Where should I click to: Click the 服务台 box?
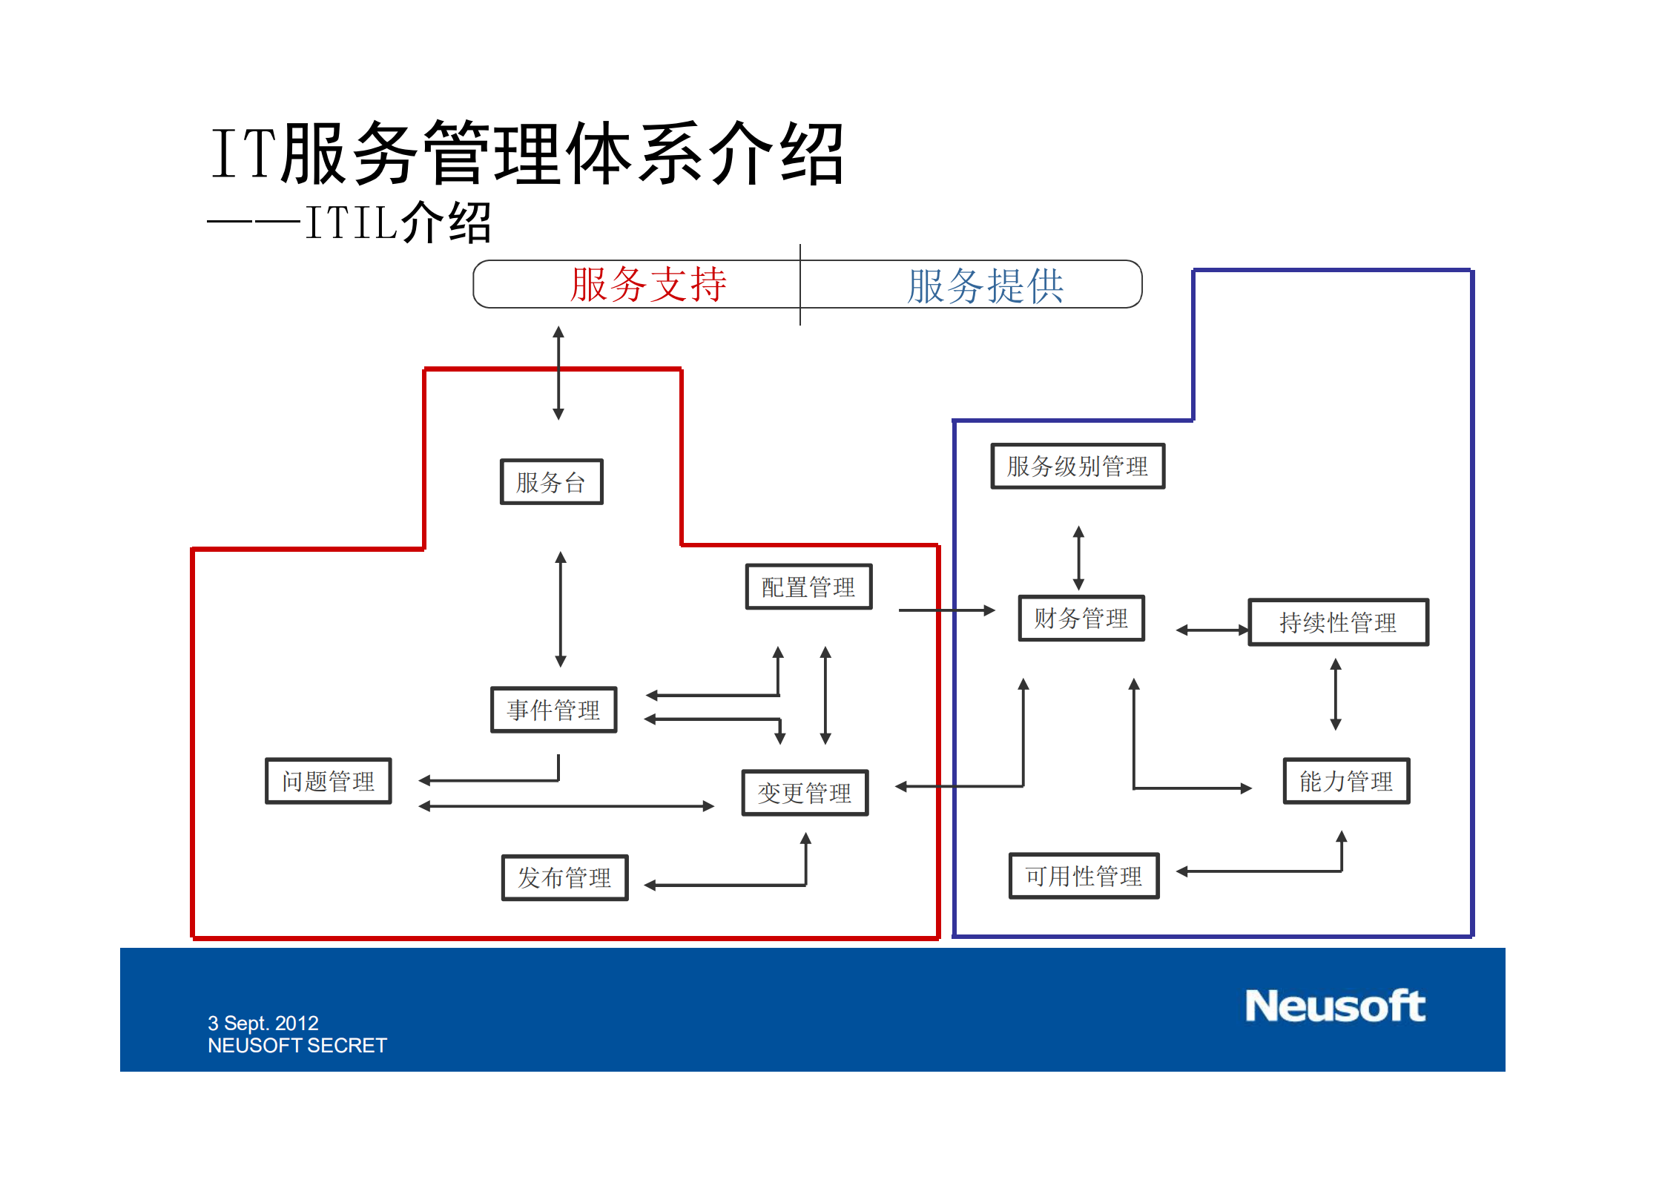click(x=551, y=482)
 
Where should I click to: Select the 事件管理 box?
click(x=553, y=710)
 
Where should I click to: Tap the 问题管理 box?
click(x=328, y=781)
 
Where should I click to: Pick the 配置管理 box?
click(x=808, y=587)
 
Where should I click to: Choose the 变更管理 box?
click(x=805, y=793)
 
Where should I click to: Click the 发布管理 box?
click(x=564, y=877)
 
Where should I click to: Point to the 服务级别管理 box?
click(x=1078, y=466)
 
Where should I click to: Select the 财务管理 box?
click(x=1081, y=618)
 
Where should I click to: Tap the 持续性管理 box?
click(x=1338, y=622)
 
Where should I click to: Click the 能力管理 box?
click(x=1346, y=781)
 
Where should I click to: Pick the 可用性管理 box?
click(x=1084, y=876)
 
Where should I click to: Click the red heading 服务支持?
click(x=648, y=285)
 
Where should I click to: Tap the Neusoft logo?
click(x=1335, y=1006)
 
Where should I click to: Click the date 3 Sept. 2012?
click(x=263, y=1023)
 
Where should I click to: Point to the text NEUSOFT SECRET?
click(x=297, y=1045)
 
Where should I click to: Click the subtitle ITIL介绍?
click(x=398, y=222)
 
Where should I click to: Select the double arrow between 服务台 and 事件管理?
click(x=561, y=609)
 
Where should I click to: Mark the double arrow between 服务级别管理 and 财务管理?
click(x=1079, y=558)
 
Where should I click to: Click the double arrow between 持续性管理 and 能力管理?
click(x=1336, y=694)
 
